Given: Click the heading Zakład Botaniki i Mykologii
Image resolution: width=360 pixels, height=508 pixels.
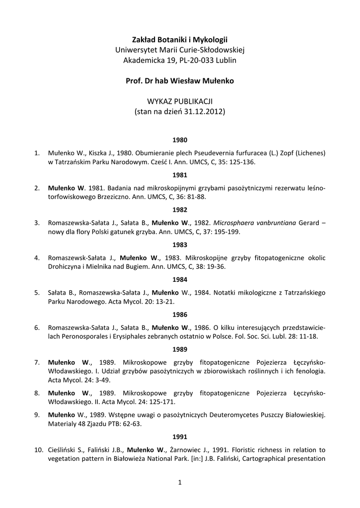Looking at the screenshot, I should (x=180, y=39).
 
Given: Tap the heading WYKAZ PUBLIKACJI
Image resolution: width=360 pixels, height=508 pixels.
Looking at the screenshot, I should (x=180, y=101).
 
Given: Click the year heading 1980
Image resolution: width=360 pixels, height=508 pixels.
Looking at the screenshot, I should (x=180, y=140).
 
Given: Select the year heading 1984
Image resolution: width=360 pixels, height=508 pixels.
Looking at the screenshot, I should (x=180, y=279).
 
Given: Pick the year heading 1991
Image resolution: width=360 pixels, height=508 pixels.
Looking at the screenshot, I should (x=180, y=437).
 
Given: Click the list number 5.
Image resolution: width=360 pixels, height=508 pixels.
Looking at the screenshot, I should (x=37, y=293).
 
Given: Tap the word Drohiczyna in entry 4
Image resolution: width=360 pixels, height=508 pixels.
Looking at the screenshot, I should (x=66, y=266).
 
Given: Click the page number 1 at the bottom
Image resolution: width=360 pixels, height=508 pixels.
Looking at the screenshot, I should (x=180, y=482).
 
